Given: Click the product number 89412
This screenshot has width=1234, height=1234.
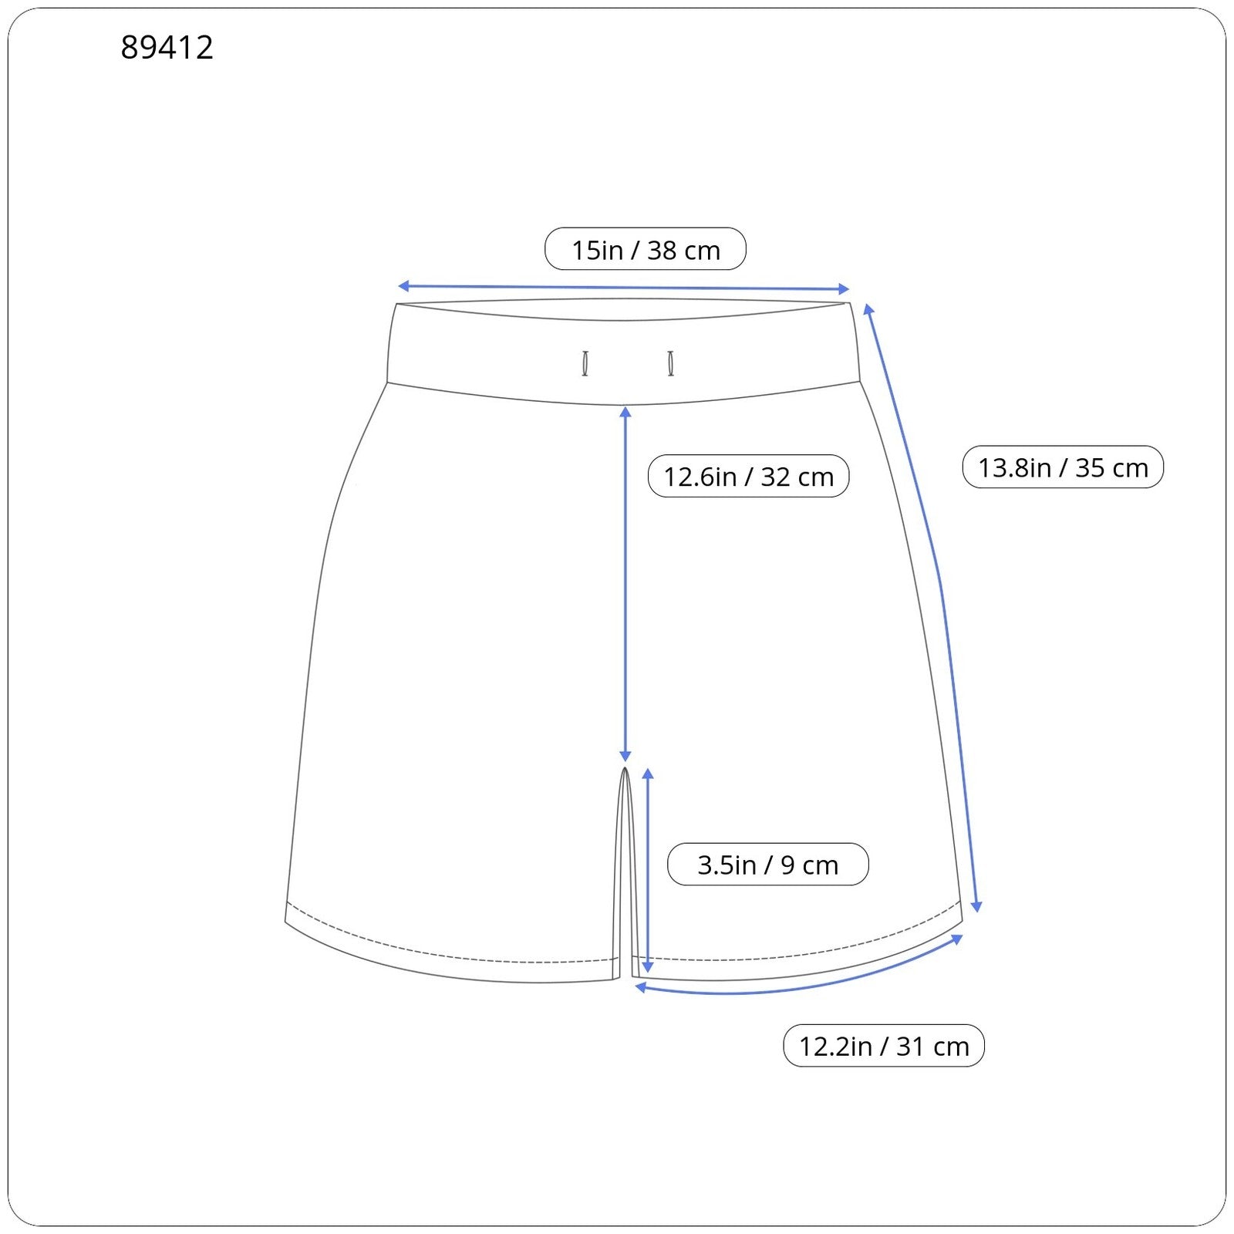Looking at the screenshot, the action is [167, 48].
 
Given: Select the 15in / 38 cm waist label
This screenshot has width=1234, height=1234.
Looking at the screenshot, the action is [646, 249].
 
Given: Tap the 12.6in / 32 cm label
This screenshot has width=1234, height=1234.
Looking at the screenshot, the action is [748, 476].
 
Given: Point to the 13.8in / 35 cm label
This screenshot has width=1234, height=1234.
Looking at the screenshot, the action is [1063, 467].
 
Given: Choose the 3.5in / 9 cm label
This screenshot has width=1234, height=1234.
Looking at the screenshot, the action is [767, 864].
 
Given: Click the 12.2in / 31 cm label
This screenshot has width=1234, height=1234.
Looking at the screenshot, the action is [884, 1046].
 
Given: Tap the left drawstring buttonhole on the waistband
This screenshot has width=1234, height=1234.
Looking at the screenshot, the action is [585, 363].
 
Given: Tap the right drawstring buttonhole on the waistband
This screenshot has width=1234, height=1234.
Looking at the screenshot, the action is [671, 363].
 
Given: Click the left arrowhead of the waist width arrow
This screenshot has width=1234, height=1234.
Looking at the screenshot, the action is [403, 287].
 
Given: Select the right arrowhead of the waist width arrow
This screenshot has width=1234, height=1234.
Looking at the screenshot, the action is [844, 289].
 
